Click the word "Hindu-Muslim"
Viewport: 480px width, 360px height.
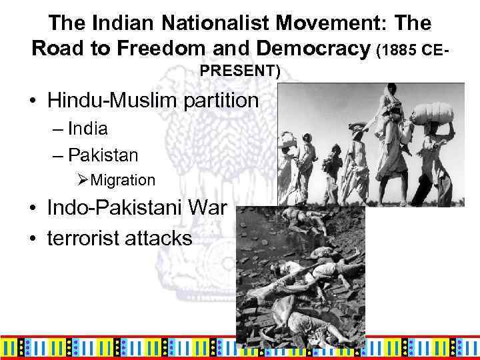tap(109, 101)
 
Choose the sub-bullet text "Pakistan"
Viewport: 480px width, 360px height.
tap(103, 155)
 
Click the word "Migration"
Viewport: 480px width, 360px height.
tap(123, 180)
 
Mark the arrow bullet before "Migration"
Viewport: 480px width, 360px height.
tap(83, 180)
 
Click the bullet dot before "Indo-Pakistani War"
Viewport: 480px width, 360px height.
tap(32, 207)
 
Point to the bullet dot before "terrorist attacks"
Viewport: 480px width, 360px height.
tap(32, 239)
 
